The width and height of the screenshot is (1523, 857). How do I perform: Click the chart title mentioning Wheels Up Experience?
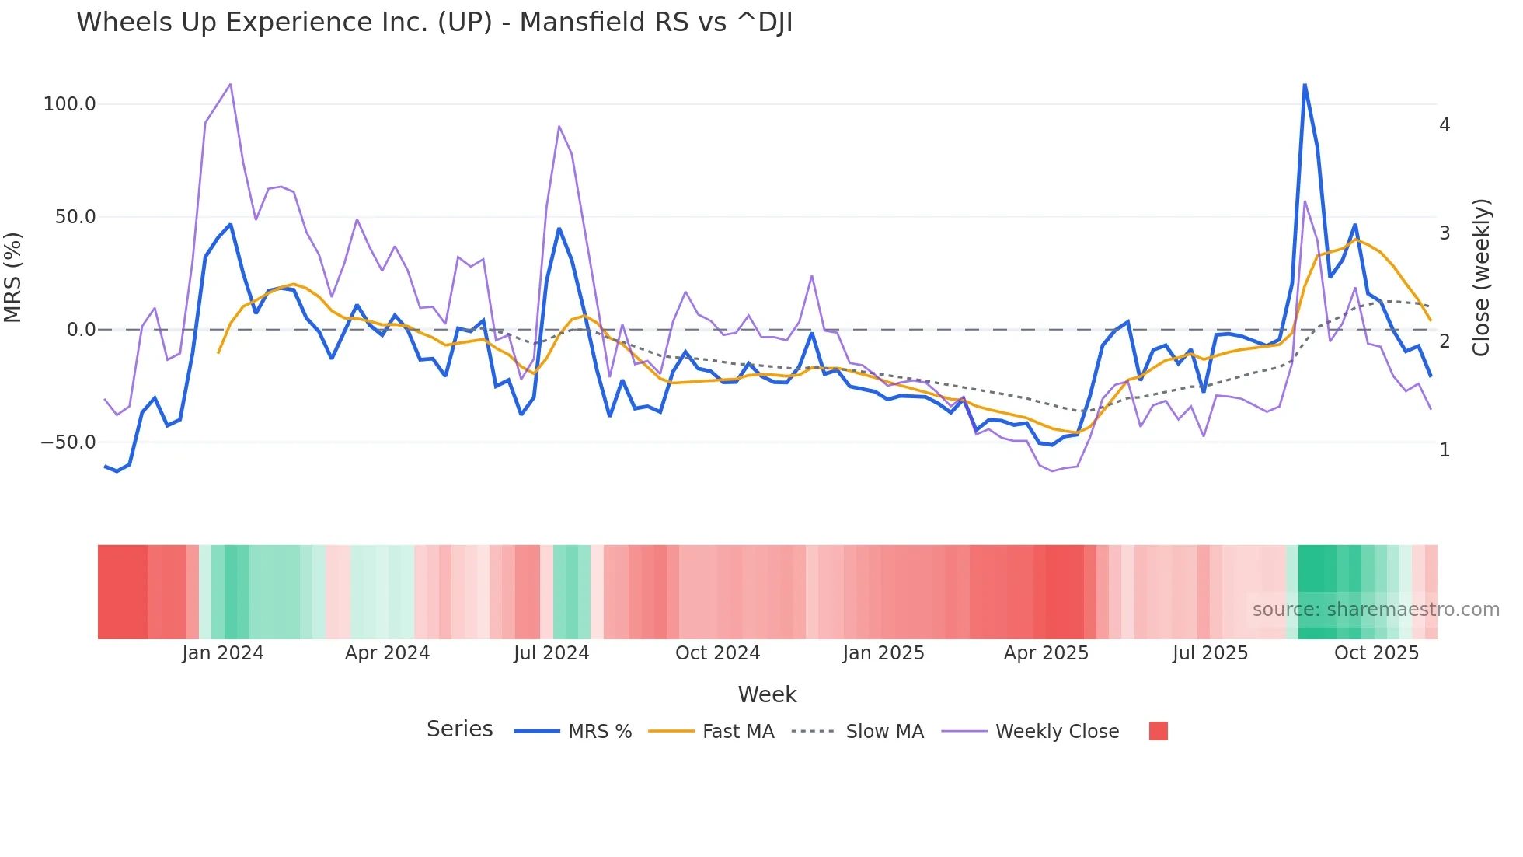(434, 23)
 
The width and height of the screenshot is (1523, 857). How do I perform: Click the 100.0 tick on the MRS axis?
(69, 104)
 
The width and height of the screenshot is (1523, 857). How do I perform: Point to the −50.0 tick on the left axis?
(68, 442)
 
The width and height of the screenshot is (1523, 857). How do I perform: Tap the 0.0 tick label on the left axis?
(81, 330)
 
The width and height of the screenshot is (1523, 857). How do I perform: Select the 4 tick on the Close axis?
(1445, 125)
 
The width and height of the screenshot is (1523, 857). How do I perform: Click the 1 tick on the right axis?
(1445, 450)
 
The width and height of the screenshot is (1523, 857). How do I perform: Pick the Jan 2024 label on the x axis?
(223, 653)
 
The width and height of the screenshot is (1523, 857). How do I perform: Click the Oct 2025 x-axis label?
(1376, 653)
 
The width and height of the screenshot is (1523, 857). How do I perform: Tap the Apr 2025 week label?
(1046, 653)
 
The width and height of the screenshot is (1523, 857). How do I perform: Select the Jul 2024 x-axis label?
(551, 653)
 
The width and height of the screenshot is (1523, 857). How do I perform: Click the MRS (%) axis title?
(13, 277)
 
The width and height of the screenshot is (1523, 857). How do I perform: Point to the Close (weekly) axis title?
(1481, 277)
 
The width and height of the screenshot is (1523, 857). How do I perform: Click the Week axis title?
(767, 694)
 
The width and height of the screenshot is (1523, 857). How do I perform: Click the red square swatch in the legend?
(1158, 731)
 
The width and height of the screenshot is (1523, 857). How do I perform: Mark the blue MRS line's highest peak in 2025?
(1305, 85)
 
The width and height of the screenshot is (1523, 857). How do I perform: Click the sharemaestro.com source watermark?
(1375, 610)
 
